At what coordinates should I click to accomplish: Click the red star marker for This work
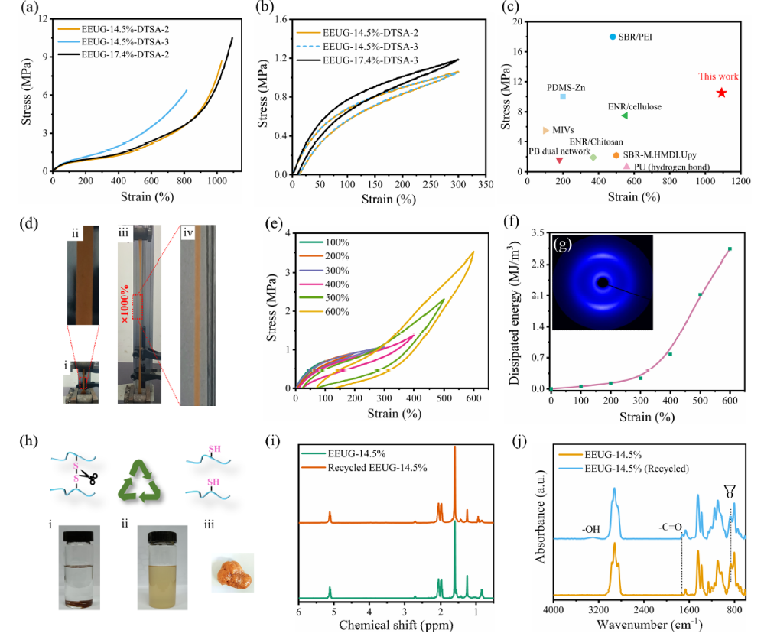tap(721, 93)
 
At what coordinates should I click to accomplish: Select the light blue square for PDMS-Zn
tap(563, 96)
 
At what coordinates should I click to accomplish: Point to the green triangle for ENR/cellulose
tap(624, 115)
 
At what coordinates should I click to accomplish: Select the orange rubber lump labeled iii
tap(231, 572)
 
